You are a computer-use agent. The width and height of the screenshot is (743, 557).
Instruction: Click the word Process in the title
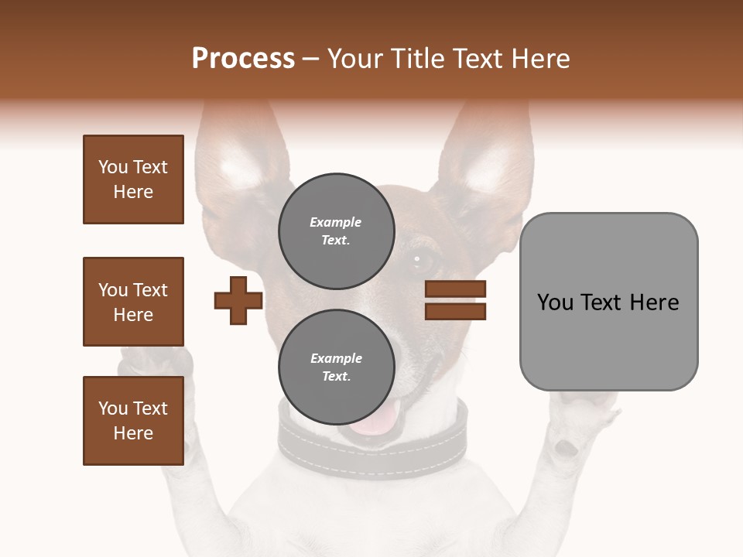tap(243, 59)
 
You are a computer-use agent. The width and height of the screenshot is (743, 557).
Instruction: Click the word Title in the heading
tap(415, 59)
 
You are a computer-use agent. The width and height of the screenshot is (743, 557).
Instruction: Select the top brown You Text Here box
tap(133, 179)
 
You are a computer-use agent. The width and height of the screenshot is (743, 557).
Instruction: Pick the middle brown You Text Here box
tap(133, 302)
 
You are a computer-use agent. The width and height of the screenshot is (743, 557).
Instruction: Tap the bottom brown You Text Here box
tap(133, 421)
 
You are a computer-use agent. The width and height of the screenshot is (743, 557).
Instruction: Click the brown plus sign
tap(238, 300)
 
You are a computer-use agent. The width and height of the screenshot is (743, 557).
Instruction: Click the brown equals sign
tap(455, 300)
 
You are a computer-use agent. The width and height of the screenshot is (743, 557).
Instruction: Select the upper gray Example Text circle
tap(336, 231)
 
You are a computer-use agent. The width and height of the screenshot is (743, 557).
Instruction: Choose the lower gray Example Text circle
tap(336, 367)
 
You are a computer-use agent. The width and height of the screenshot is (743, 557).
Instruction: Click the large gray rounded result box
tap(608, 302)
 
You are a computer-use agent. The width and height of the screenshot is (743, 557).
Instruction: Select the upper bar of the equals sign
tap(455, 289)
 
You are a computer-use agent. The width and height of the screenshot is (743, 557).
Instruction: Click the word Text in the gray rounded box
tap(606, 302)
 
